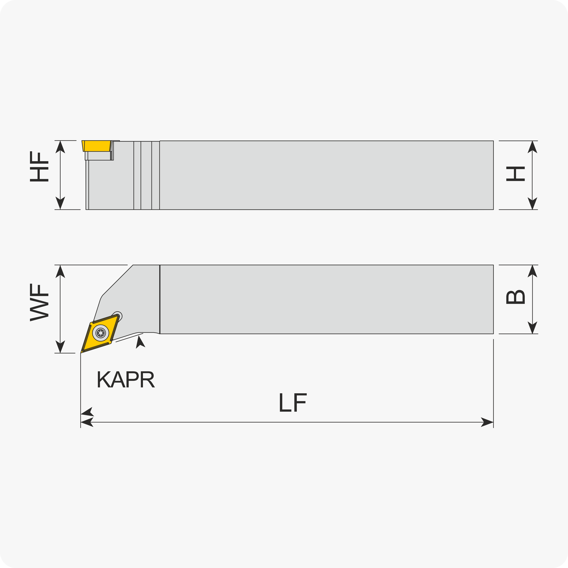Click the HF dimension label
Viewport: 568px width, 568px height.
39,166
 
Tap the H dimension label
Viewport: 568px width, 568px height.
515,174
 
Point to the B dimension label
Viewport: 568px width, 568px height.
515,297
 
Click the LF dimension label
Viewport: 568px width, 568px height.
293,402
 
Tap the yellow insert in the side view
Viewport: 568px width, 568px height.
97,146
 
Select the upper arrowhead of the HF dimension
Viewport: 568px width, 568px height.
60,147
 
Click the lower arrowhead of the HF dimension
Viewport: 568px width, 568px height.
60,203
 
